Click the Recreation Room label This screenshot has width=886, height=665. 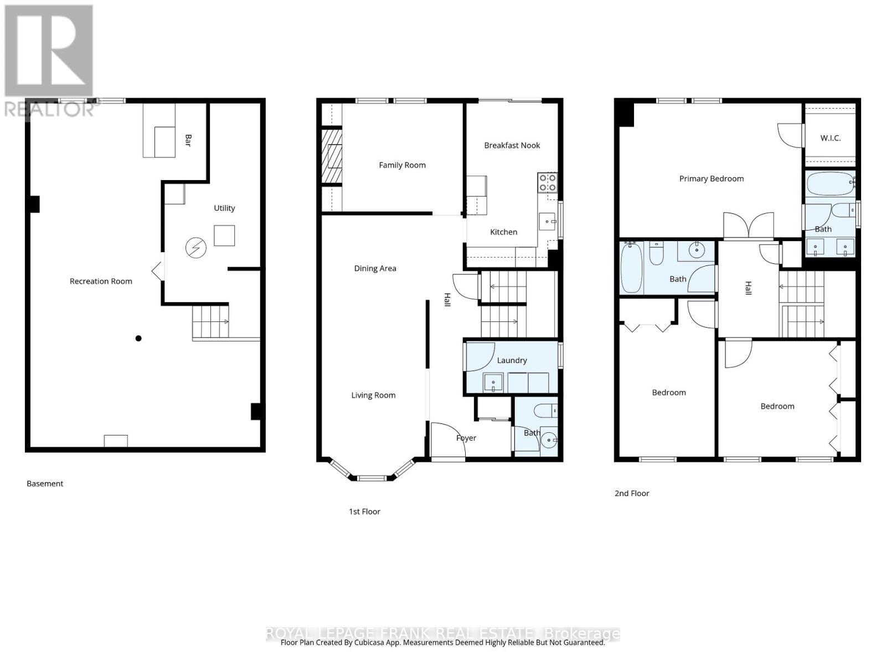pos(101,281)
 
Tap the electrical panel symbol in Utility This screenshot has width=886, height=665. pos(195,248)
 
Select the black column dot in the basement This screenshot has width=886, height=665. pos(138,339)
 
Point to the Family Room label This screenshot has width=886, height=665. pos(402,165)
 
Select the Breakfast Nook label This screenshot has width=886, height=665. pos(512,145)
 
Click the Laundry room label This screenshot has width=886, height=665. pos(512,360)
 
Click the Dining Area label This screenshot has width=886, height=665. pos(375,268)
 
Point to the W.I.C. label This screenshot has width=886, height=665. pos(830,138)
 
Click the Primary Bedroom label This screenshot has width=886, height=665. pos(711,178)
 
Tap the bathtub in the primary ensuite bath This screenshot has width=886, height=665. pos(830,183)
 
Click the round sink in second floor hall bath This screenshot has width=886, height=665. pos(696,251)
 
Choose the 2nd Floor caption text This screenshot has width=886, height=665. pos(631,493)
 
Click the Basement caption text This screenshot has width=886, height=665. pos(45,484)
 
